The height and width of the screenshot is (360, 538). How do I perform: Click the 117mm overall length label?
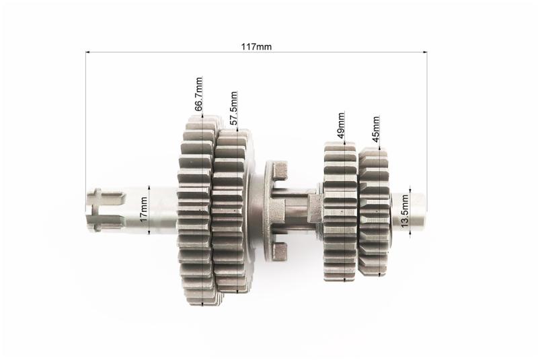coord(256,46)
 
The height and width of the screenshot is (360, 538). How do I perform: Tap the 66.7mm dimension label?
coord(198,94)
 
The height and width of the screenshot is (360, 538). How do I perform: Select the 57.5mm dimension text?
coord(233,108)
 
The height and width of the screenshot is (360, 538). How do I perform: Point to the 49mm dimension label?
coord(340,125)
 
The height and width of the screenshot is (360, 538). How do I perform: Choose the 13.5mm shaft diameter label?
coord(405,211)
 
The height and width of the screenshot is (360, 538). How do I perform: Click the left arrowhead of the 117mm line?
coord(88,52)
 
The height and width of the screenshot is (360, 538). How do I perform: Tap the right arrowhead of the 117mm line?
coord(425,52)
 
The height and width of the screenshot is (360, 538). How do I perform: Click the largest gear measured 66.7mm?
coord(196,210)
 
